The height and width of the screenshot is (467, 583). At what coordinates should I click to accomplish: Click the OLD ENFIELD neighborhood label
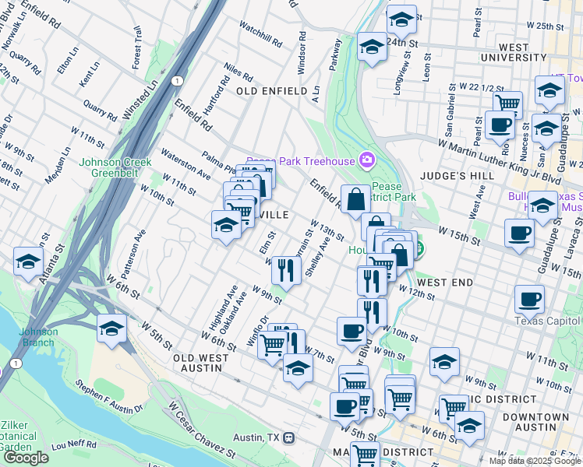tap(271, 91)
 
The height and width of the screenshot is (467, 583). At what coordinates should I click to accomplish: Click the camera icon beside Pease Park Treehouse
tap(367, 161)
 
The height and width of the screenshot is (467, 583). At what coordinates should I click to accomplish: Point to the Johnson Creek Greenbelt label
tap(117, 168)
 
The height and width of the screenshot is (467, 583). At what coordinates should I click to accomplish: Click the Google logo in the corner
tap(26, 458)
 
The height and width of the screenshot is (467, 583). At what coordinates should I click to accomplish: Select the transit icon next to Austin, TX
tap(289, 437)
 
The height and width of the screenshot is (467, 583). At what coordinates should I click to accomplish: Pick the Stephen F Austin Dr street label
tap(109, 397)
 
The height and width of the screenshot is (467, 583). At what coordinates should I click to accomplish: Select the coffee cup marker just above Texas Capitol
tap(529, 298)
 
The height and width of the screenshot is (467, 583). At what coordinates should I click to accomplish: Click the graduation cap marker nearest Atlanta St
tap(28, 262)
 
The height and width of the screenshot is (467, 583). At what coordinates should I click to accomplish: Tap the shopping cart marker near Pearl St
tap(507, 102)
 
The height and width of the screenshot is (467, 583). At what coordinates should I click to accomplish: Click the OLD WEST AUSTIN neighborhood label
tap(201, 363)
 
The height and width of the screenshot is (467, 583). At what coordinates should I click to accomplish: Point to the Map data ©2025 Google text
tap(535, 460)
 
